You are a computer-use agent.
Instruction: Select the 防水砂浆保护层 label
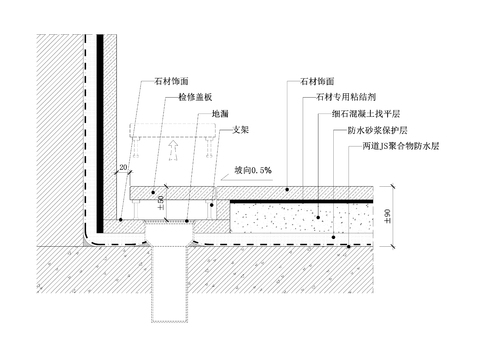click(363, 130)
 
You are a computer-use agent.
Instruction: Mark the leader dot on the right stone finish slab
click(286, 188)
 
